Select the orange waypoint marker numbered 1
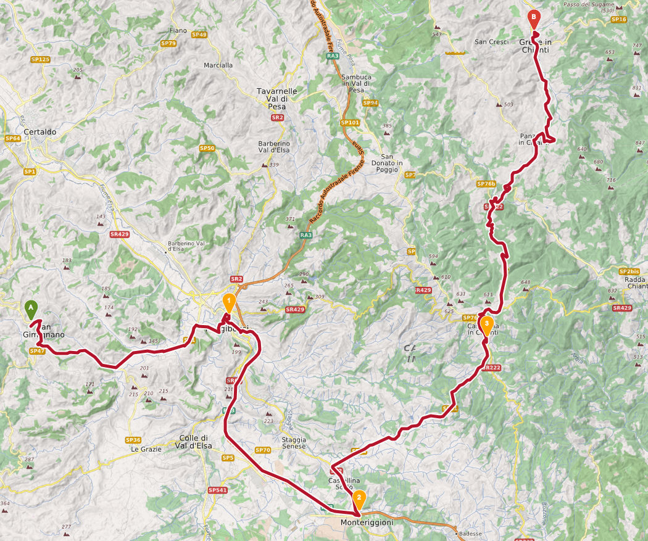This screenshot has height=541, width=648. [x=228, y=303]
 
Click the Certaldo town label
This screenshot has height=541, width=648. [x=39, y=132]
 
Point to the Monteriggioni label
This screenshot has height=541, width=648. [x=367, y=522]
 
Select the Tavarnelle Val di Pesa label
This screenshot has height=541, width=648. [x=277, y=99]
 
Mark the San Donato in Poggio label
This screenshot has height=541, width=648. [x=391, y=163]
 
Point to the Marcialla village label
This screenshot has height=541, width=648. [x=218, y=65]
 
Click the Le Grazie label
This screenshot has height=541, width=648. [x=146, y=450]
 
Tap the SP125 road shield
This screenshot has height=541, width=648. [x=39, y=59]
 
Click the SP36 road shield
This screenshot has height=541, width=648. [x=133, y=440]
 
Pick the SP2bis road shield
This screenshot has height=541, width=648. [x=629, y=271]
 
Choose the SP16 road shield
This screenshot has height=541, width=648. [x=618, y=20]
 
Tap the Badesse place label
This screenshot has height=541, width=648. [x=470, y=534]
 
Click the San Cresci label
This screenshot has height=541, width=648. [x=491, y=42]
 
